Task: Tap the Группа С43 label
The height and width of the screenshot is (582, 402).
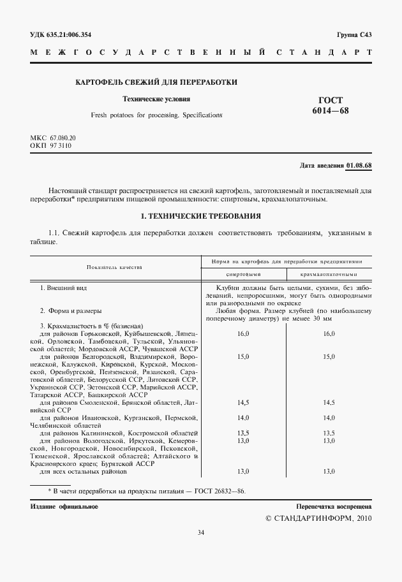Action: [354, 34]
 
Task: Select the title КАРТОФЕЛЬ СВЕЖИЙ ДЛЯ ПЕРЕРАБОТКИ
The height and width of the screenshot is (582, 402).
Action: [156, 82]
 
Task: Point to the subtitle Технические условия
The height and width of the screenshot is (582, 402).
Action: [156, 99]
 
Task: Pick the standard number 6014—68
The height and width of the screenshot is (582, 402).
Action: [331, 111]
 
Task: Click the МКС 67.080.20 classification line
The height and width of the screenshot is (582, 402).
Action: [53, 138]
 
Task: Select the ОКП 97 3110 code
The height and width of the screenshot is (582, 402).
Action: [51, 146]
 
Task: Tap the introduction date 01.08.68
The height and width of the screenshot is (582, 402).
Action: [359, 166]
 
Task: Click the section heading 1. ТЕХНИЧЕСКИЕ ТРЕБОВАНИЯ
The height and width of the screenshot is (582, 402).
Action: [200, 216]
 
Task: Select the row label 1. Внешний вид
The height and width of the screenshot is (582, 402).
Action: [63, 288]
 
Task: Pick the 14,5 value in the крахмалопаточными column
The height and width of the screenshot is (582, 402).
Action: [329, 402]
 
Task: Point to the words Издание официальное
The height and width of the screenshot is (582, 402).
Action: [64, 507]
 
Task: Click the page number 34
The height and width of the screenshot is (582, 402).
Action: [201, 532]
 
